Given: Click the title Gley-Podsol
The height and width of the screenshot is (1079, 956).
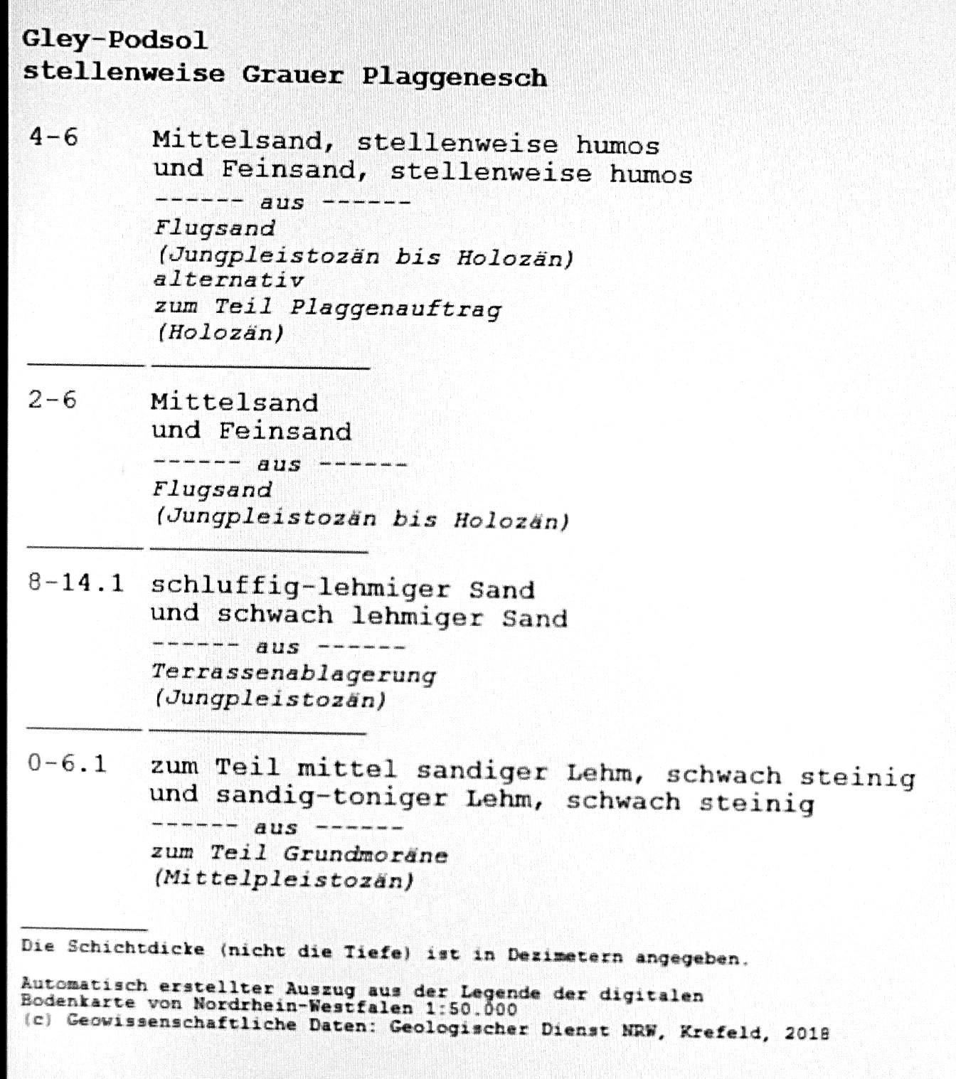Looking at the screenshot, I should [115, 40].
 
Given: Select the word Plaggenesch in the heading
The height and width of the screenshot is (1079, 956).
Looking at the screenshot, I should [455, 77].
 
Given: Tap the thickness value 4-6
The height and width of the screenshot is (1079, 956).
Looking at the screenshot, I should [53, 137].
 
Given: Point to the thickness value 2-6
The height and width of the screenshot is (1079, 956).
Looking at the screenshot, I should [52, 400].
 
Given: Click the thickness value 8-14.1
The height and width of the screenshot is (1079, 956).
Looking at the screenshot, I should [75, 583].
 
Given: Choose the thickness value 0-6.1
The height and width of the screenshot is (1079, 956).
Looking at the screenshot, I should [67, 764].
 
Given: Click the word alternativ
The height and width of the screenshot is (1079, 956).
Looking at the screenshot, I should [229, 280].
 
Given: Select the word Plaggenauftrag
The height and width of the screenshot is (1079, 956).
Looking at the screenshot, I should [395, 308].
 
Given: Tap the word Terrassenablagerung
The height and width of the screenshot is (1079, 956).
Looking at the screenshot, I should [294, 673].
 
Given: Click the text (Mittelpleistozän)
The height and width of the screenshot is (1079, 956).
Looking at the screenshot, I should [284, 880].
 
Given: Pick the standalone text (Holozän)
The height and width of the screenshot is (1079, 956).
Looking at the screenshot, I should [220, 332].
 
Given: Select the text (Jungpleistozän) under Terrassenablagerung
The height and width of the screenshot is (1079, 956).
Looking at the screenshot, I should [270, 698].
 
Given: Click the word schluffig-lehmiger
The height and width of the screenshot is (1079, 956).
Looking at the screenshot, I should [300, 588].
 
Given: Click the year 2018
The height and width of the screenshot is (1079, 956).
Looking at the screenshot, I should [807, 1033].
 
